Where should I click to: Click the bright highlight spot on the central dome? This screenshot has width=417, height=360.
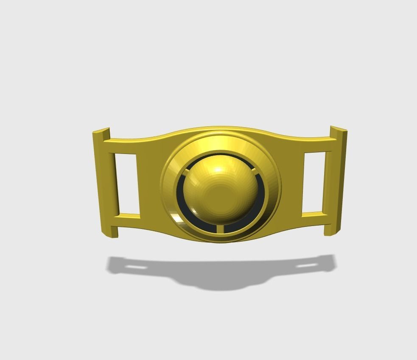(x=218, y=170)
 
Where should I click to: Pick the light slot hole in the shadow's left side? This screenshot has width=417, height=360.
(x=135, y=268)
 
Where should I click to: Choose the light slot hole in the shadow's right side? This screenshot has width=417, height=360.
(x=306, y=266)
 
